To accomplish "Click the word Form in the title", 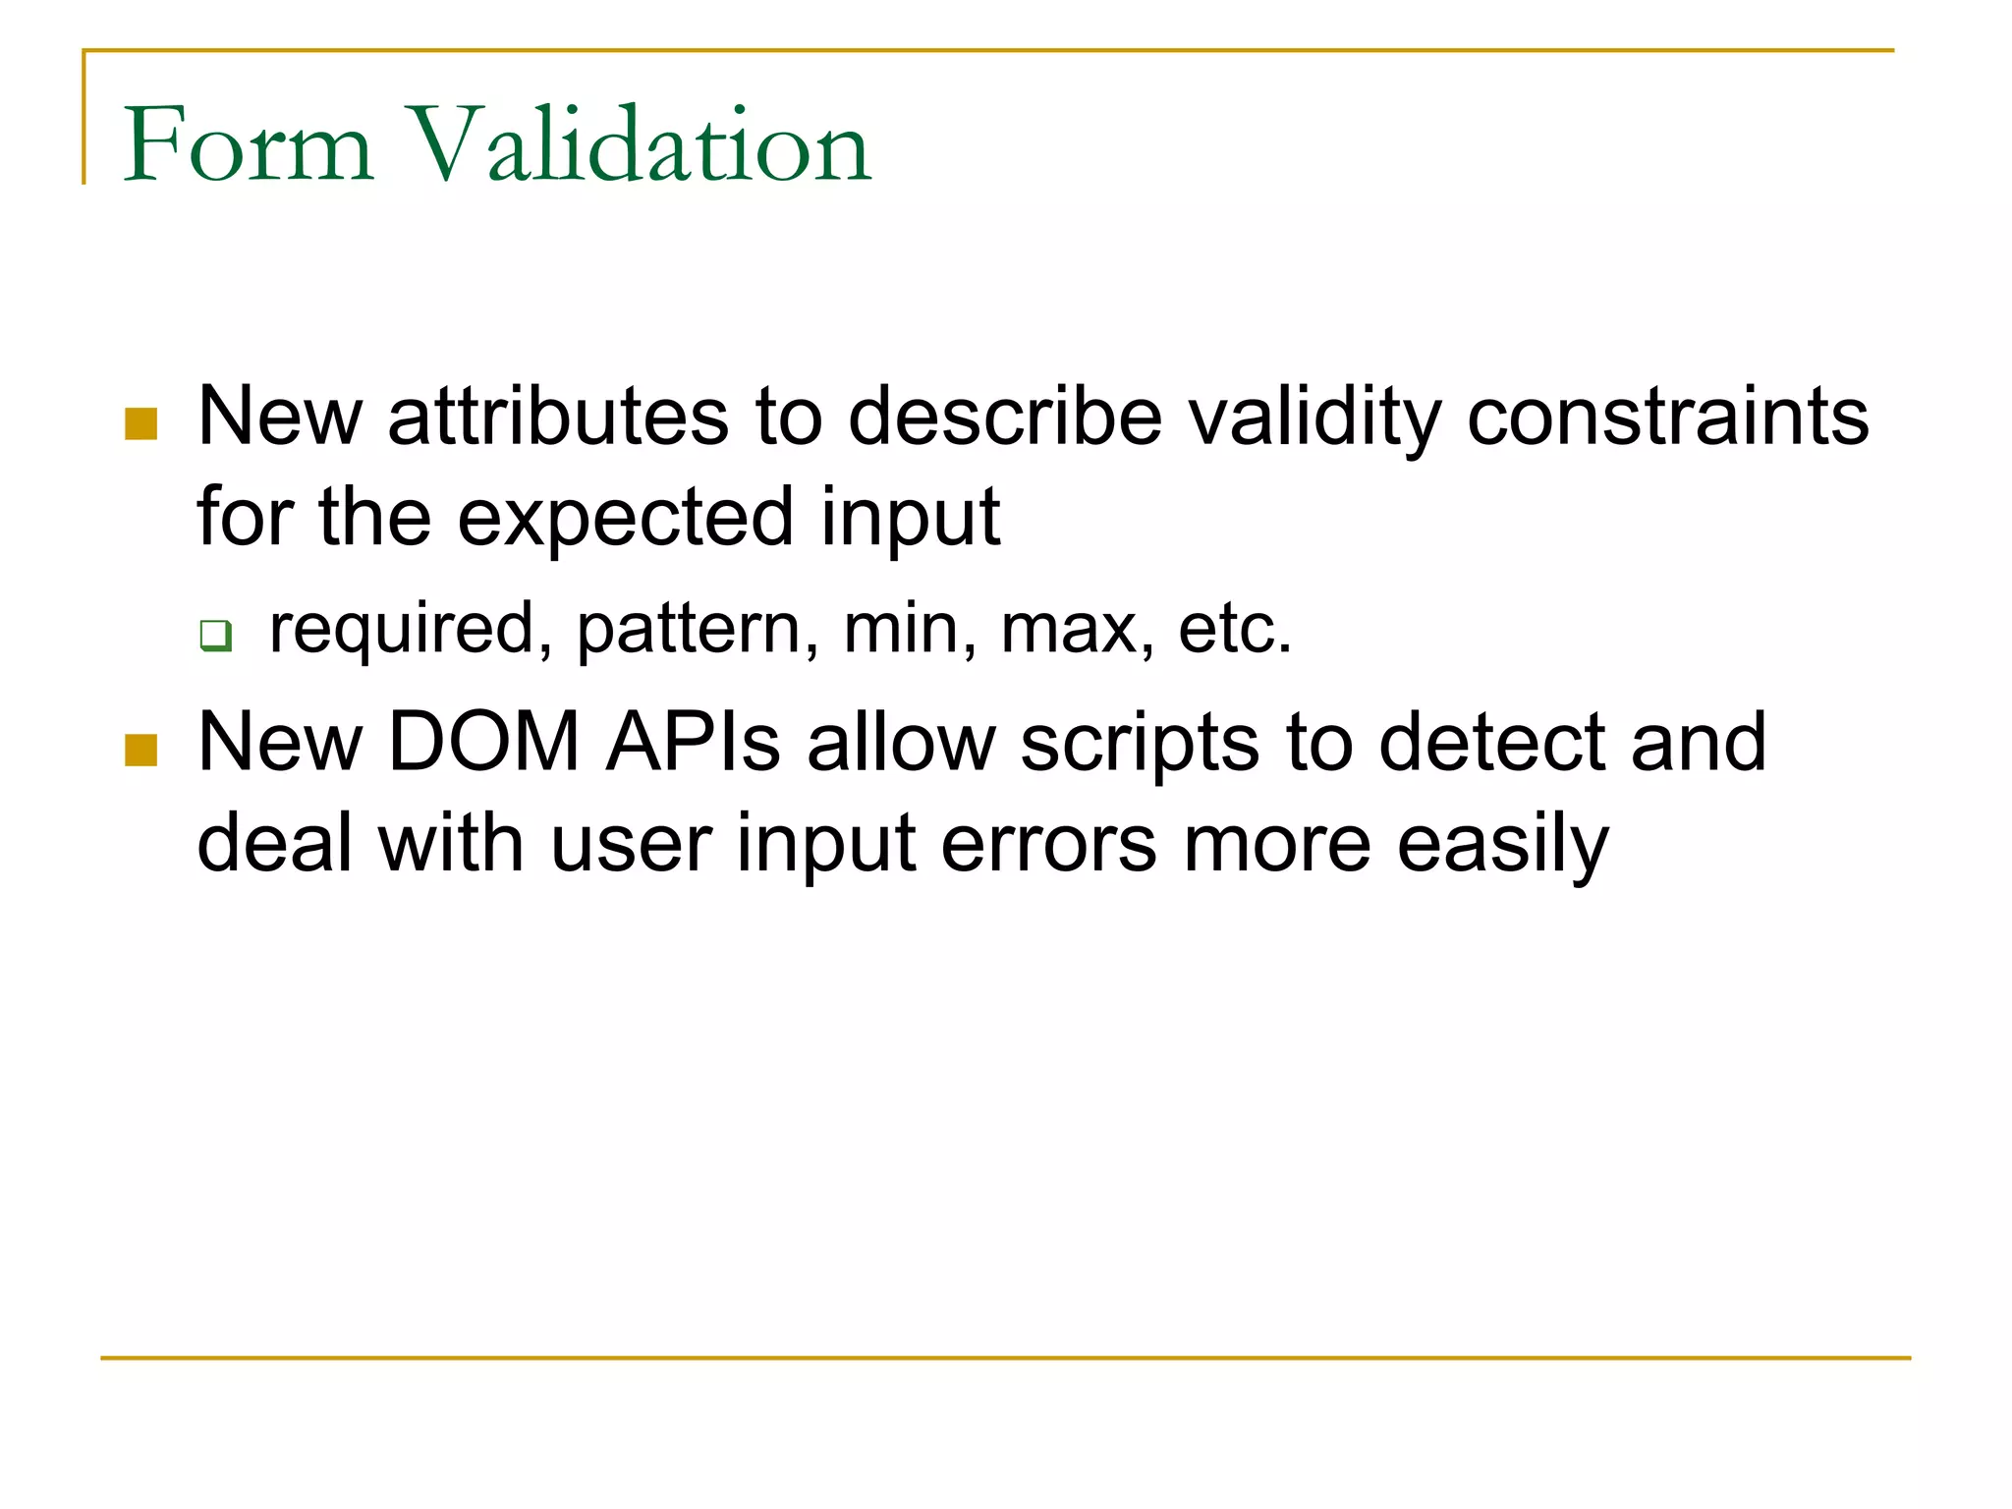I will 248,145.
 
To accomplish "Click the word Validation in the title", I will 639,145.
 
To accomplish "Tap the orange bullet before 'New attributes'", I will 141,424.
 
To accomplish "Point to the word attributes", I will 557,417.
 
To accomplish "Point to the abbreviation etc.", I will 1234,631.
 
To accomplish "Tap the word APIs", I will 693,743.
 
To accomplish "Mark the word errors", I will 1048,845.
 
